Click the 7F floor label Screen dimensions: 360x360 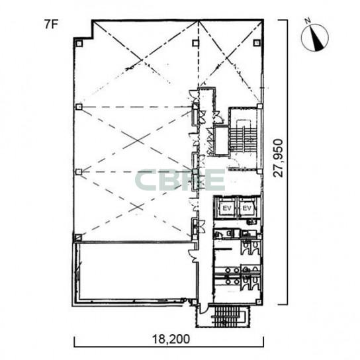click(51, 24)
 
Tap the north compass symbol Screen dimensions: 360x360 click(315, 38)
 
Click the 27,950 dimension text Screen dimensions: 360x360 click(278, 158)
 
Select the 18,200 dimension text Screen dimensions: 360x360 click(171, 339)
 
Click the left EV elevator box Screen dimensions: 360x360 click(227, 208)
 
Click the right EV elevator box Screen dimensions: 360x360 click(247, 208)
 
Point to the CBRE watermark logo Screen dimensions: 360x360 click(180, 180)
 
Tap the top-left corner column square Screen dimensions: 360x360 click(79, 44)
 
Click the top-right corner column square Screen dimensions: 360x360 click(257, 43)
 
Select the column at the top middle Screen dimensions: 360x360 click(195, 43)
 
